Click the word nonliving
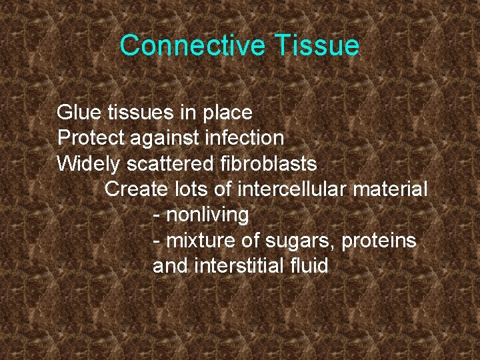(x=207, y=215)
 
